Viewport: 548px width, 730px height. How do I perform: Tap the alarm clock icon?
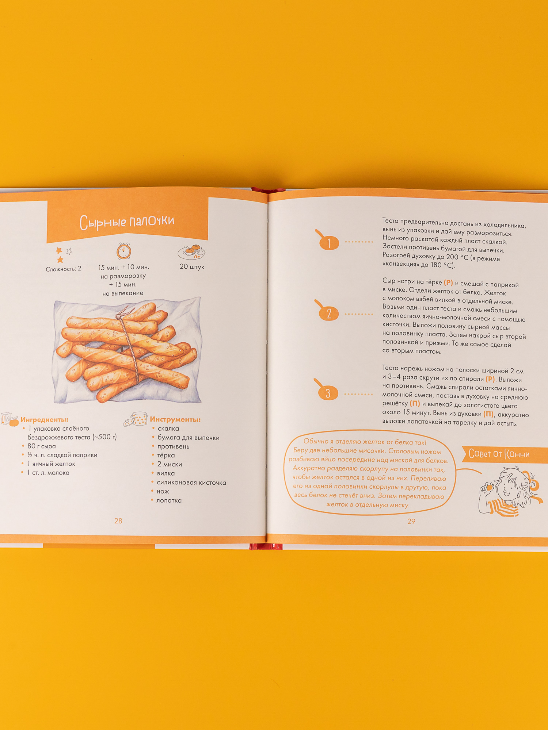tap(124, 251)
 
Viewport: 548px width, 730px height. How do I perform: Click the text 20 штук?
tap(192, 267)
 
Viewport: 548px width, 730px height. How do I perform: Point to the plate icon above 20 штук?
tap(191, 251)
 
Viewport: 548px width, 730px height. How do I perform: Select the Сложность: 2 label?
tap(64, 269)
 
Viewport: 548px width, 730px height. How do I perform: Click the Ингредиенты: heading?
tap(44, 420)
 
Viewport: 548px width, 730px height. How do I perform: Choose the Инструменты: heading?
tap(175, 420)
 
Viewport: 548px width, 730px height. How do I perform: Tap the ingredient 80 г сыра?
tap(42, 446)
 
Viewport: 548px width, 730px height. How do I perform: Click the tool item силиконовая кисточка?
tap(191, 483)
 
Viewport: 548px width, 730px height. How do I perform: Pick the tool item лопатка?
tap(169, 500)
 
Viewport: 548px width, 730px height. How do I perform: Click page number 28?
tap(118, 521)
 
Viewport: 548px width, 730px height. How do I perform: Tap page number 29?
tap(411, 521)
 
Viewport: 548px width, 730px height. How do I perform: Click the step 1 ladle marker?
tap(328, 241)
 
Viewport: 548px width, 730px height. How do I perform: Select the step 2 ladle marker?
tap(327, 312)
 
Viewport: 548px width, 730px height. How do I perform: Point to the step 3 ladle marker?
tap(326, 391)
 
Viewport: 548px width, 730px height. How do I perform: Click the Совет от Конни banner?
tap(505, 454)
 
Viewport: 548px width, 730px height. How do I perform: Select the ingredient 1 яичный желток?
tap(51, 464)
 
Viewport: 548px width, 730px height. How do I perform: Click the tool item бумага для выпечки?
tap(189, 438)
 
